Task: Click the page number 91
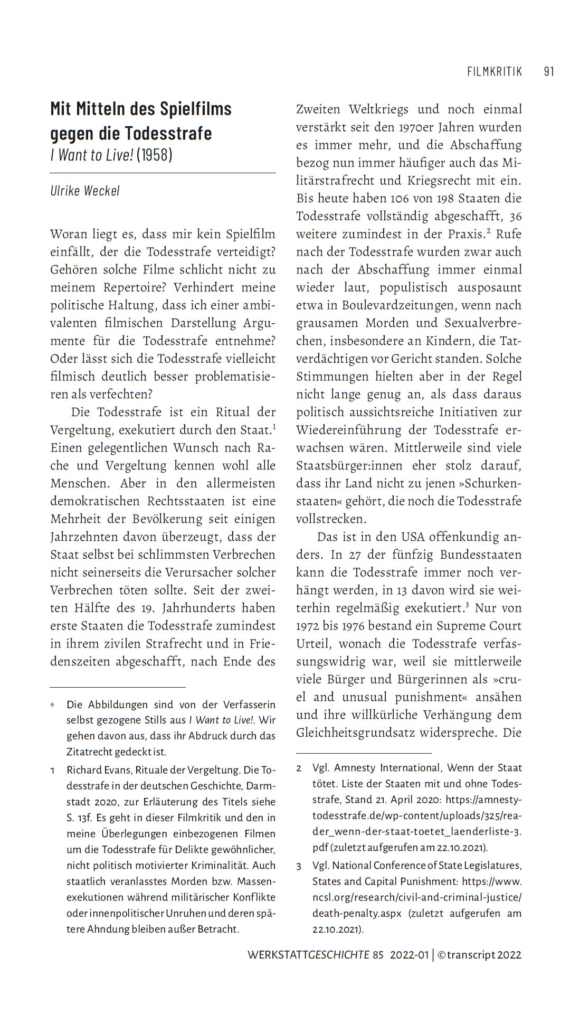pos(549,71)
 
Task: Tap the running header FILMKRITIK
pos(495,71)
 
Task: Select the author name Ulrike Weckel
pos(85,191)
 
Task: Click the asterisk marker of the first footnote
pos(53,705)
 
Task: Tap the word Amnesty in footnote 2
pos(356,768)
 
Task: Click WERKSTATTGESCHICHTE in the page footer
pos(308,955)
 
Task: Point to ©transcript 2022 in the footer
pos(479,955)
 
